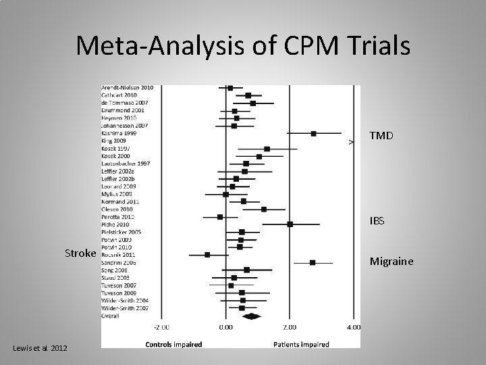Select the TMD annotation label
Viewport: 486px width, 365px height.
click(381, 135)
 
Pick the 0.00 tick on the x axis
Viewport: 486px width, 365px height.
click(225, 327)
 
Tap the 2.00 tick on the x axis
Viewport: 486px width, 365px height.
click(290, 327)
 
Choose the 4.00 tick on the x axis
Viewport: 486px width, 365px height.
click(352, 327)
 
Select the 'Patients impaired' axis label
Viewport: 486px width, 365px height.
click(301, 344)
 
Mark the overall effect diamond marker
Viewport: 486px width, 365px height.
click(252, 316)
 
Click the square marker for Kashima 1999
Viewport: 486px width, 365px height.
click(313, 134)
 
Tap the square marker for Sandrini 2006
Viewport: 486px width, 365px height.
click(313, 262)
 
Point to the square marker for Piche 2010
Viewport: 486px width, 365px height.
click(290, 224)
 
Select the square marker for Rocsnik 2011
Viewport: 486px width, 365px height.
click(207, 255)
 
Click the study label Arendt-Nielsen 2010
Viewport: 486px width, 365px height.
click(127, 88)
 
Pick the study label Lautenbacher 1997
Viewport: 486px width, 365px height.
click(126, 164)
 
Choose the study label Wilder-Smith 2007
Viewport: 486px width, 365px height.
click(126, 308)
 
